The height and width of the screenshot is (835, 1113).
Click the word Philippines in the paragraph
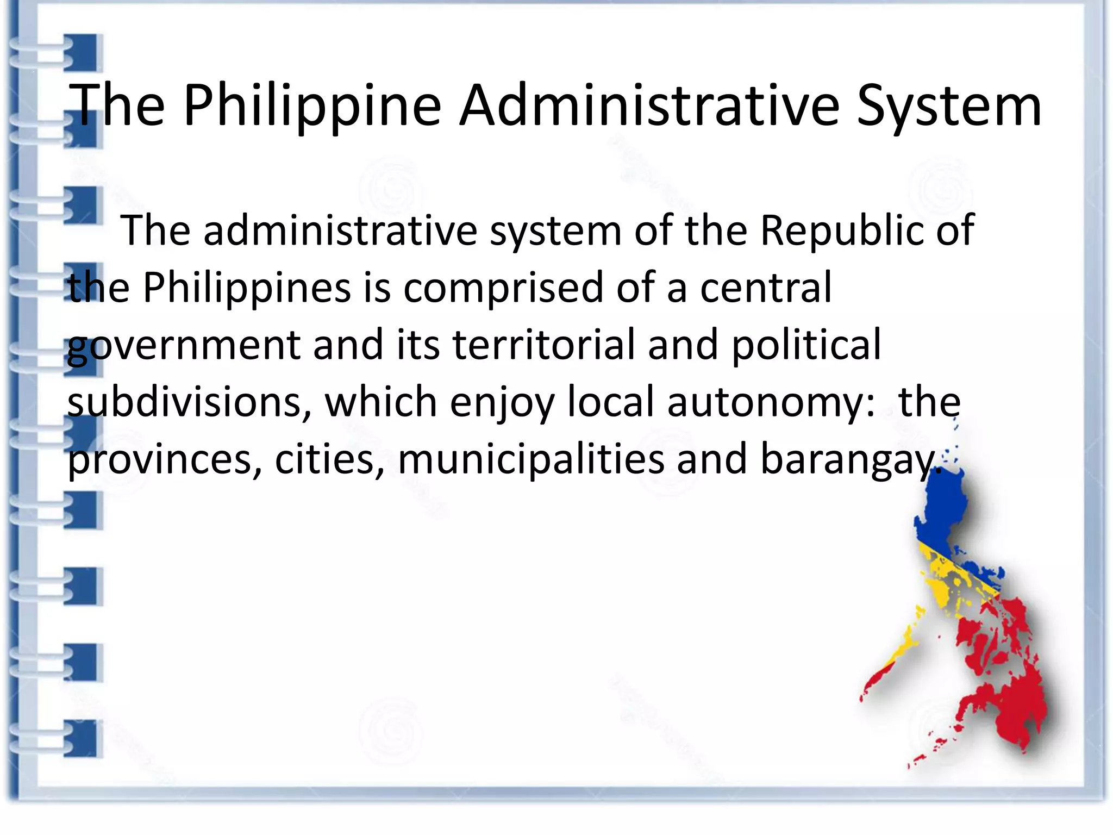tap(247, 288)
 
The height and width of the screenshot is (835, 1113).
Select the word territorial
tap(543, 346)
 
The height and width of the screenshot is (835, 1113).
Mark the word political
tap(806, 346)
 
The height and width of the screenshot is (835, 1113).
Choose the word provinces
tap(161, 460)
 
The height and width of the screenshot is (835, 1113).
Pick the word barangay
tap(848, 460)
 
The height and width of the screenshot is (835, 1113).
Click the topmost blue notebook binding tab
tap(83, 53)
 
